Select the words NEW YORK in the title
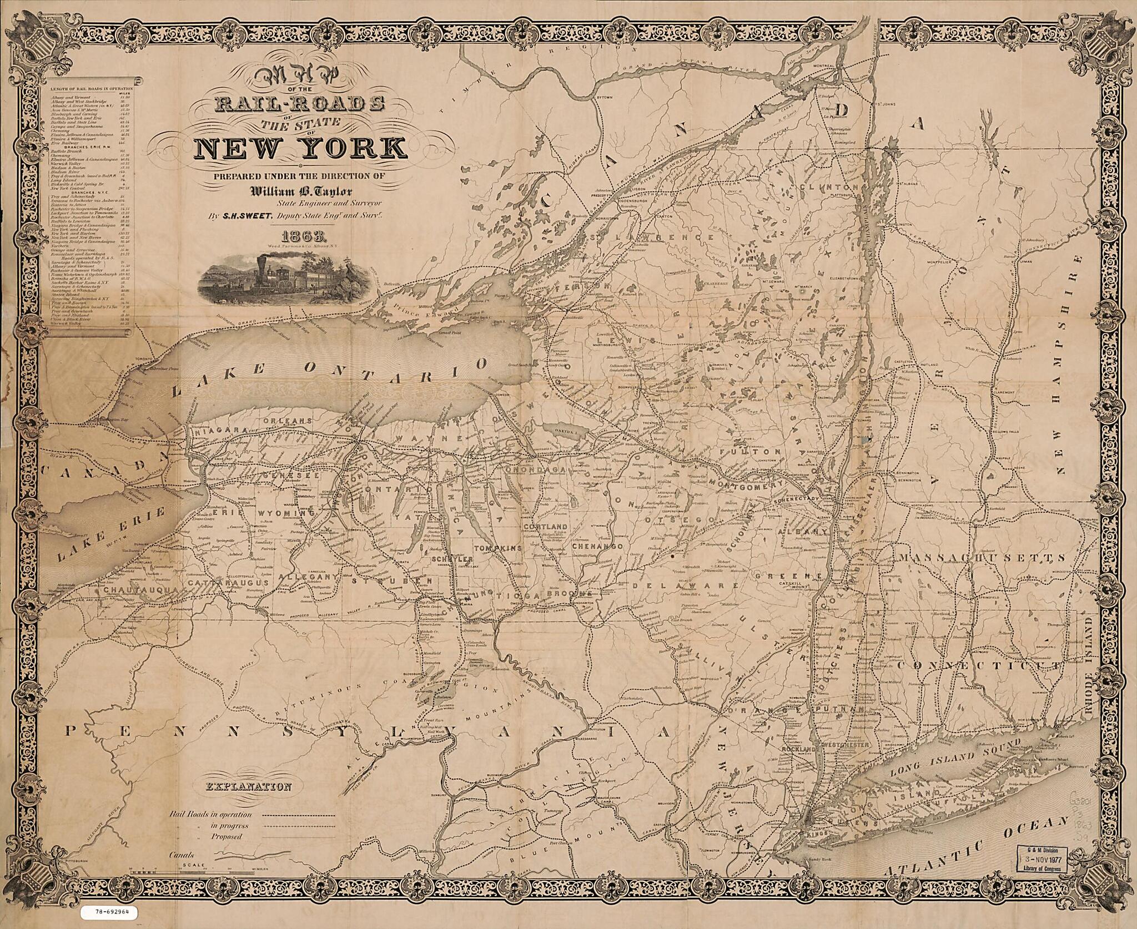coord(299,148)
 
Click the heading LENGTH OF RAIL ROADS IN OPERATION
coord(92,89)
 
